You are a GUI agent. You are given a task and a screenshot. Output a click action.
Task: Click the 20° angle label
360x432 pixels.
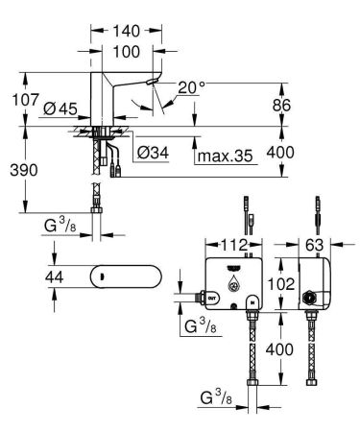tap(191, 88)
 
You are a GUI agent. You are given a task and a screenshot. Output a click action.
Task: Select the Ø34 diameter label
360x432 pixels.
tap(154, 151)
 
